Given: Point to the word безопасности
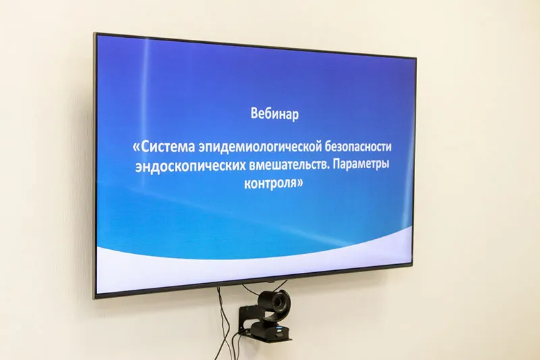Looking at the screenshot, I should point(355,147).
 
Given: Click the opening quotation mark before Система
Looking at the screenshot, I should point(137,147).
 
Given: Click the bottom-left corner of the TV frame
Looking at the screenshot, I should point(95,297).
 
